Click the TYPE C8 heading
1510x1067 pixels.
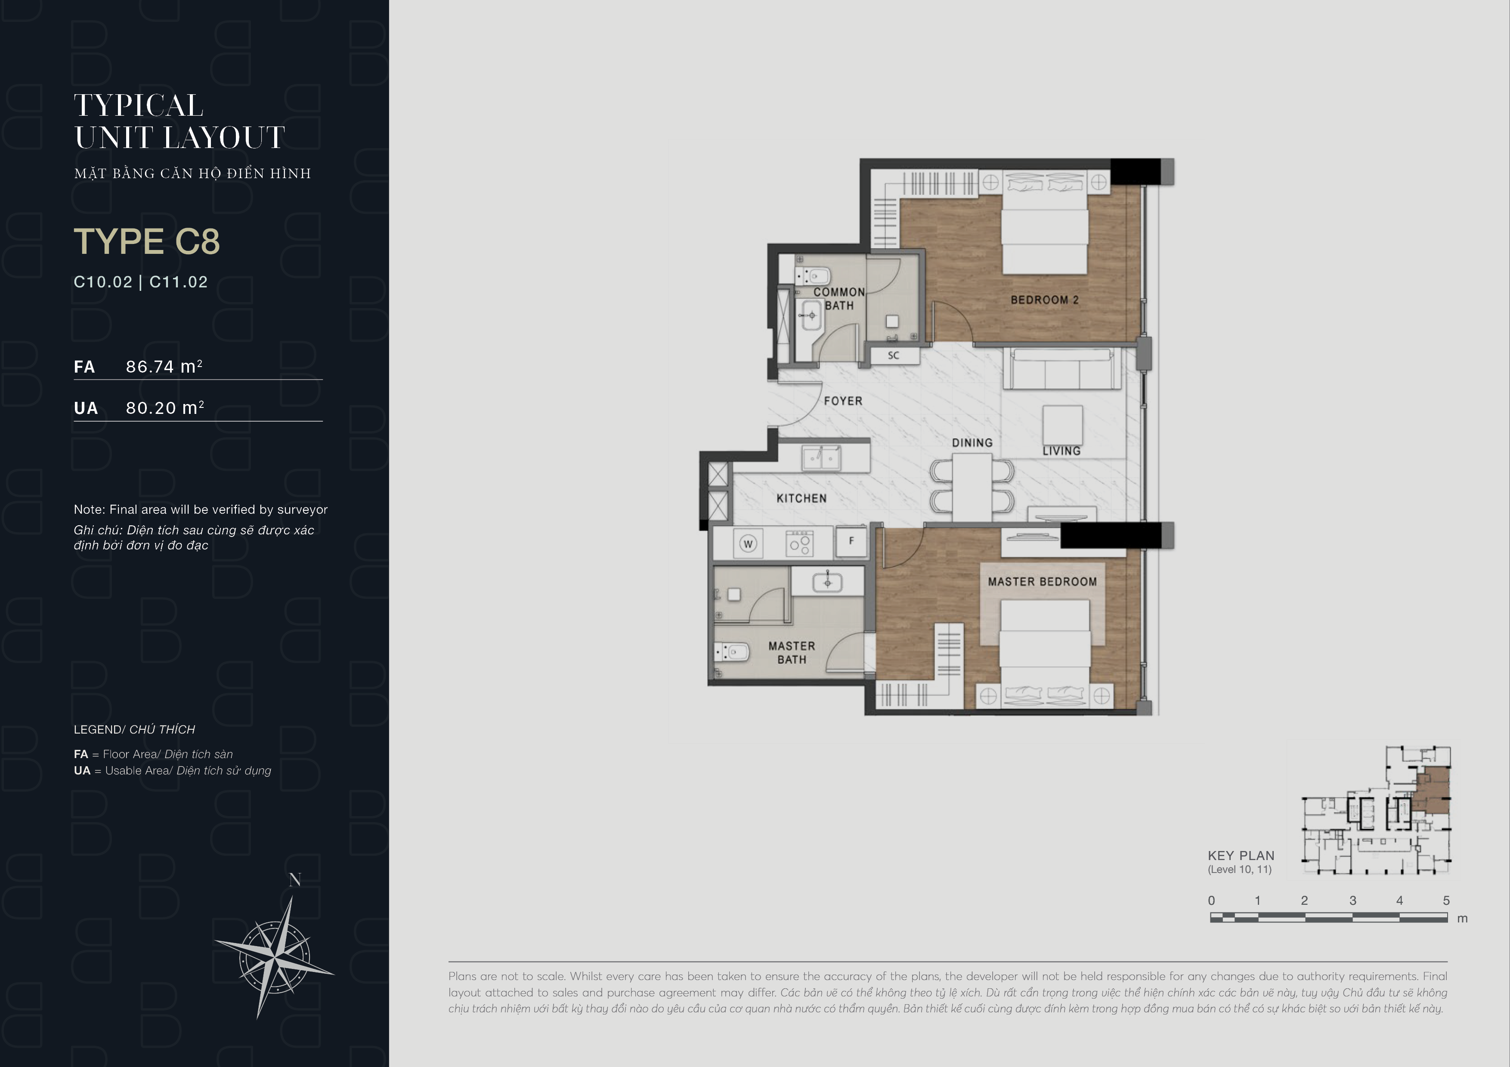(147, 241)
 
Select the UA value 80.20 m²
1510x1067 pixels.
(165, 407)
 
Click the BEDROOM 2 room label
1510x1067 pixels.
(1044, 300)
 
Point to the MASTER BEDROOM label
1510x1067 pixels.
(1043, 582)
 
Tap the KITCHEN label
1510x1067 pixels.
(801, 498)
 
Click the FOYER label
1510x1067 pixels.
(843, 401)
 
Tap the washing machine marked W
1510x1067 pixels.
(748, 544)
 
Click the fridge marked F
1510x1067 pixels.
(851, 541)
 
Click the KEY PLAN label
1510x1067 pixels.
(1241, 855)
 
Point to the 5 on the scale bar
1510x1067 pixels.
(1446, 900)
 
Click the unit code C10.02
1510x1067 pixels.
(103, 282)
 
